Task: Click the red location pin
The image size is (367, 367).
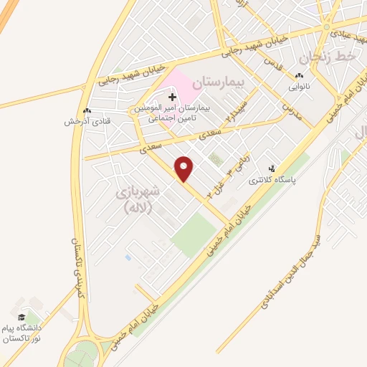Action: [x=184, y=167]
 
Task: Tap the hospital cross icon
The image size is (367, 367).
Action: [x=173, y=96]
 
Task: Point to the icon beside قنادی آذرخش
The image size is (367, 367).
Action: [x=87, y=110]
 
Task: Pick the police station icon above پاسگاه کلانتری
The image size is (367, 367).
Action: [x=271, y=168]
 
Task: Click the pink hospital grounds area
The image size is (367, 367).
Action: [x=188, y=87]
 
